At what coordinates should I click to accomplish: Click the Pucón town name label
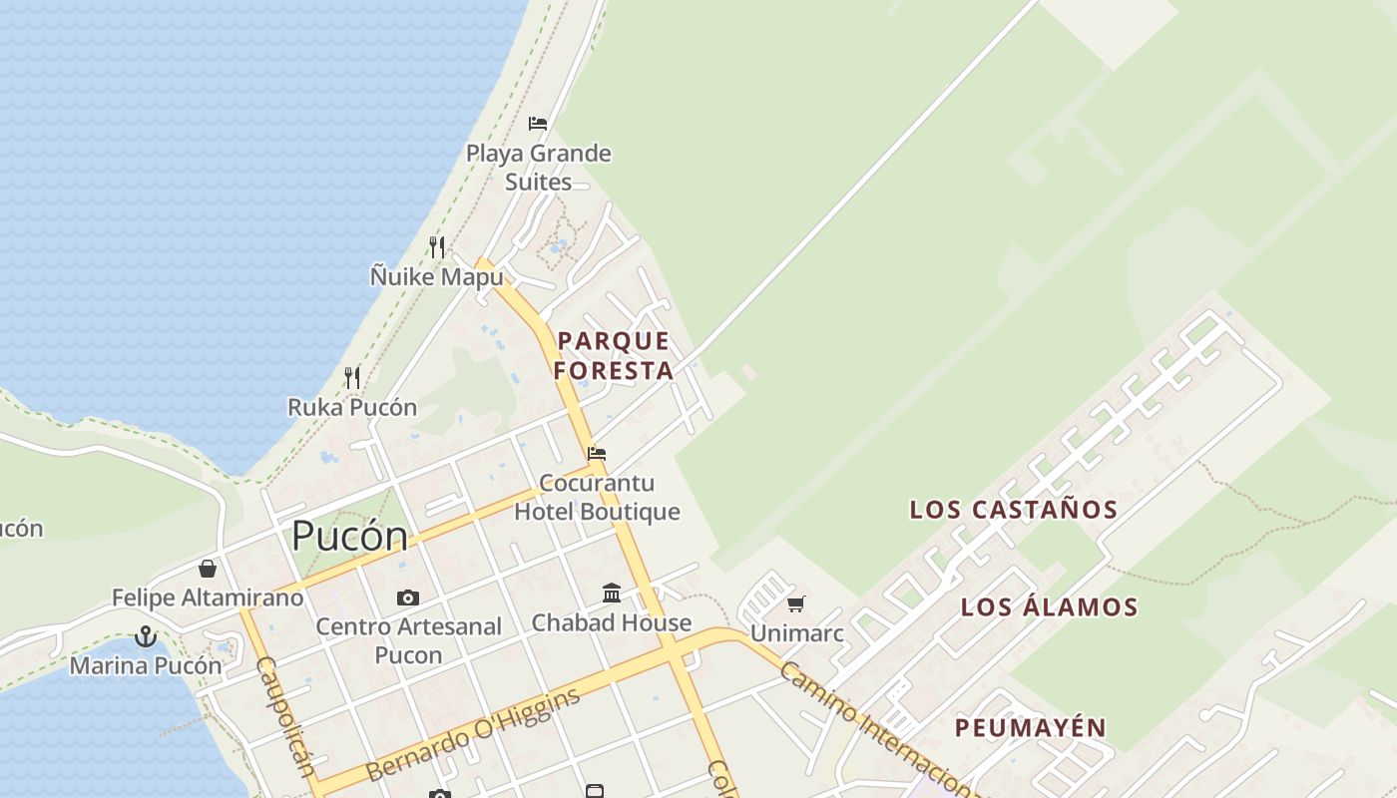click(x=349, y=537)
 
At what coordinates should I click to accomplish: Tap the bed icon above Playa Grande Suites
click(x=538, y=124)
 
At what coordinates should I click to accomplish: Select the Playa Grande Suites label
click(x=539, y=168)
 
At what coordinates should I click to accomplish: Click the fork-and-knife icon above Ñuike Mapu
click(x=437, y=246)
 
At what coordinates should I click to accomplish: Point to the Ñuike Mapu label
click(x=437, y=276)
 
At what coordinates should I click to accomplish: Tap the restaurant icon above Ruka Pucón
click(x=352, y=377)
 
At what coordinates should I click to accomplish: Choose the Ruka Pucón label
click(x=352, y=407)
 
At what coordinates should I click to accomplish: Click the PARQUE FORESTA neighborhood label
click(x=613, y=355)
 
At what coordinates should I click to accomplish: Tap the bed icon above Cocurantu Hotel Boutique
click(x=597, y=453)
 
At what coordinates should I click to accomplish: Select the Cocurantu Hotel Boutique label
click(x=597, y=497)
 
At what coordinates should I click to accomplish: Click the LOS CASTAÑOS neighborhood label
click(x=1014, y=510)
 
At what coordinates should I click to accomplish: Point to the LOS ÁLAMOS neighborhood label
click(x=1049, y=606)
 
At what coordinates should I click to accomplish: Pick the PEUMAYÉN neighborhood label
click(x=1031, y=727)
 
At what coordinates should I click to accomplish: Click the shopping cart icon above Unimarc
click(x=795, y=603)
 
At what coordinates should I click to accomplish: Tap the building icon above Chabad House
click(x=612, y=594)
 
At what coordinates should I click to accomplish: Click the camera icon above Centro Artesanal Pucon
click(x=407, y=598)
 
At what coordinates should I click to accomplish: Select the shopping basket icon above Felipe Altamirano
click(x=208, y=569)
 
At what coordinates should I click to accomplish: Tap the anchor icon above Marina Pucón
click(x=146, y=635)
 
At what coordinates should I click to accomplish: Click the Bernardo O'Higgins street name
click(x=473, y=734)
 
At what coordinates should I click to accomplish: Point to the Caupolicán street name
click(x=286, y=714)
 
